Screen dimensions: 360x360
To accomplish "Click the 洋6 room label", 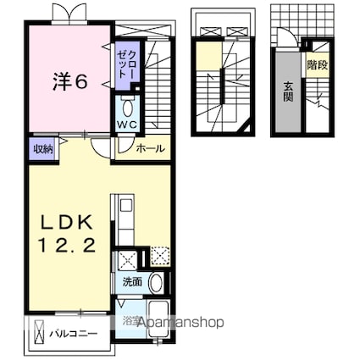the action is tap(69, 82).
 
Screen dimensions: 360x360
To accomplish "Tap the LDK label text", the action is tap(67, 224).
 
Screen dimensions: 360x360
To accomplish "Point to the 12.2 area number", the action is tap(67, 246).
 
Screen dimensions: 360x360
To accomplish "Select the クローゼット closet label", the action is tap(128, 64).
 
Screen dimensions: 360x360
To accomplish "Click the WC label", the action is tap(127, 124).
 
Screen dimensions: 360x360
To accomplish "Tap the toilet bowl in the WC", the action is tap(127, 108).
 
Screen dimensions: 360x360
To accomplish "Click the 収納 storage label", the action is tap(43, 149).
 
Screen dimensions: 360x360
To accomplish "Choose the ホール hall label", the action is tap(150, 148).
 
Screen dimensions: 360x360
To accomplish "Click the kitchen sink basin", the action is tap(125, 205).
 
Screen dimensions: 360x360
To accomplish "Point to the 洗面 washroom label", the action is tap(132, 282).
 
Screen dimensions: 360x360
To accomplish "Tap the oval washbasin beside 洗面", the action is tap(156, 284).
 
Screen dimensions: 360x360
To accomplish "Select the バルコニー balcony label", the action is tap(74, 334).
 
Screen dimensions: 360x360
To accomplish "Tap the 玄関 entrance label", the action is tap(288, 91).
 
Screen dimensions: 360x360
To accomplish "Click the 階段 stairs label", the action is tap(318, 65).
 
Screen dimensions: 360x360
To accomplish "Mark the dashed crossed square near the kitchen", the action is tap(160, 257).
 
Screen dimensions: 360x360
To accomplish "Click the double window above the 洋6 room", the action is tap(69, 13).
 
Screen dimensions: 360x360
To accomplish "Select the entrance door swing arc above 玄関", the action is tap(287, 36).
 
